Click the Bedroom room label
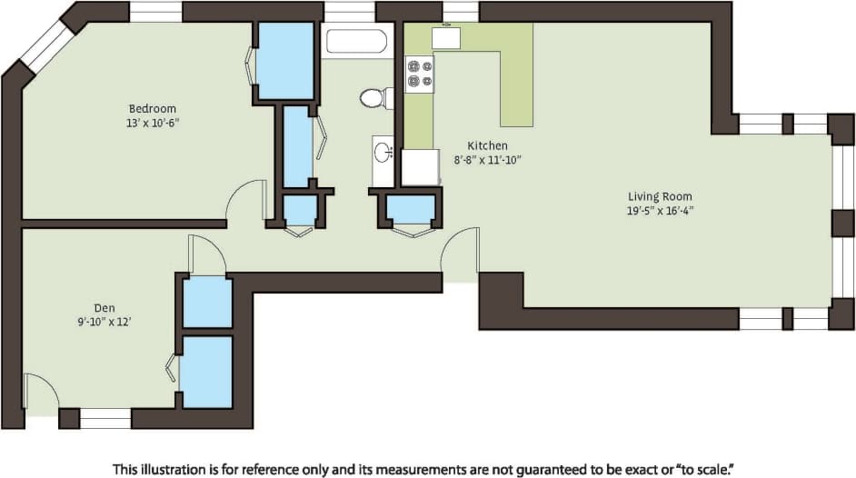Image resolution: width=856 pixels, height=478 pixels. [152, 108]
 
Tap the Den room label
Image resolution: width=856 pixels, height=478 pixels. [104, 308]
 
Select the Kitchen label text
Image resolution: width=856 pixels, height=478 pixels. [487, 145]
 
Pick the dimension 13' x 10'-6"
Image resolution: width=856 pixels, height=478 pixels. [152, 122]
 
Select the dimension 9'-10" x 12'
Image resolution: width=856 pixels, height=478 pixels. [104, 322]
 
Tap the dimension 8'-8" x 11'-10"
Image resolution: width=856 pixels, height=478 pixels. [487, 159]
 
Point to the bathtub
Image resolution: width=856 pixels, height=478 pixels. [356, 43]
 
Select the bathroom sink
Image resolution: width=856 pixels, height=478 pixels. [383, 152]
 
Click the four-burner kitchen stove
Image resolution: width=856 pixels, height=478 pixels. [419, 74]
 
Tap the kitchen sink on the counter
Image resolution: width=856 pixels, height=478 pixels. [445, 38]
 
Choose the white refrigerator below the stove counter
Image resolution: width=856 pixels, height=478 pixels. [420, 167]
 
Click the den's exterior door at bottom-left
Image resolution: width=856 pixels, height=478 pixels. [41, 393]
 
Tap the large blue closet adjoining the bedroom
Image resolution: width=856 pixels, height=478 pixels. [285, 60]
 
